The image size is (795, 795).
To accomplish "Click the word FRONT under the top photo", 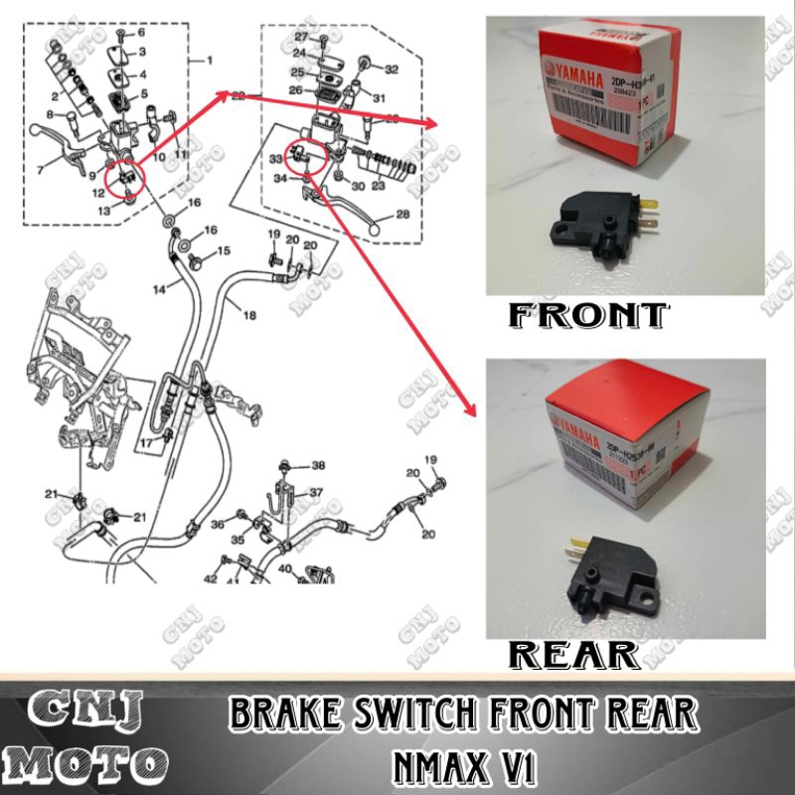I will tap(586, 316).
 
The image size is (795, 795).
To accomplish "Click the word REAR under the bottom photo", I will tap(574, 654).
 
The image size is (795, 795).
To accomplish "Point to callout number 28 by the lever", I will tap(402, 215).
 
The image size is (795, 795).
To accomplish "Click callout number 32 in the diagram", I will tap(391, 70).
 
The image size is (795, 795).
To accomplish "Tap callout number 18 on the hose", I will tap(248, 314).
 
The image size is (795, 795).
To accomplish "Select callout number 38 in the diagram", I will tap(318, 465).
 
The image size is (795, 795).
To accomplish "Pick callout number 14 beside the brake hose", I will tap(159, 289).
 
